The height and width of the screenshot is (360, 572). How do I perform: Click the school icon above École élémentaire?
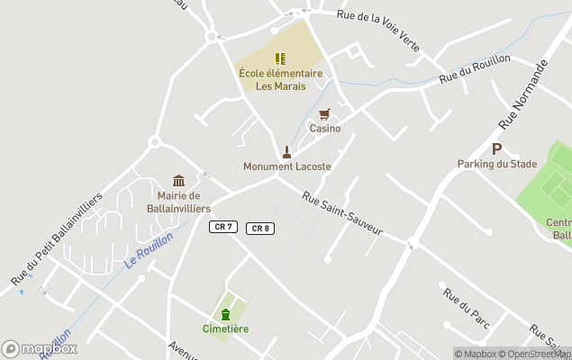click(280, 58)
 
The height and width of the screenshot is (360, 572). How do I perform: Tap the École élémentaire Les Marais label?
click(280, 80)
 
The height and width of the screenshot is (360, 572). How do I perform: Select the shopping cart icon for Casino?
click(324, 114)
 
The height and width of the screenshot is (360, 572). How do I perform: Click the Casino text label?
click(325, 129)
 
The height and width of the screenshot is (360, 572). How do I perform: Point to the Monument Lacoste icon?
click(286, 152)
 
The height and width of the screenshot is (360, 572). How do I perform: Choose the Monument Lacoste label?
click(286, 166)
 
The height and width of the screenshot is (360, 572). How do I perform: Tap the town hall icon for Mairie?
click(178, 181)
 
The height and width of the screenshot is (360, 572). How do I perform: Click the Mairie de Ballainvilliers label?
click(178, 202)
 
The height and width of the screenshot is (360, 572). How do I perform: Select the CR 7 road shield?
click(223, 227)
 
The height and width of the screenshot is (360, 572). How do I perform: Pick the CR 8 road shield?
click(259, 229)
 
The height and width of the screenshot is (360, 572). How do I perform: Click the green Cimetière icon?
click(225, 313)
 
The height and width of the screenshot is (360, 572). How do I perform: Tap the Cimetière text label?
click(225, 328)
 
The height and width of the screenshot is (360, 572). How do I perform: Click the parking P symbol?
click(496, 148)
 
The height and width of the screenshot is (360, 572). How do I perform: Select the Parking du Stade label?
click(496, 164)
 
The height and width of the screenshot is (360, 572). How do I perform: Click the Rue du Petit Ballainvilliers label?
click(58, 239)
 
